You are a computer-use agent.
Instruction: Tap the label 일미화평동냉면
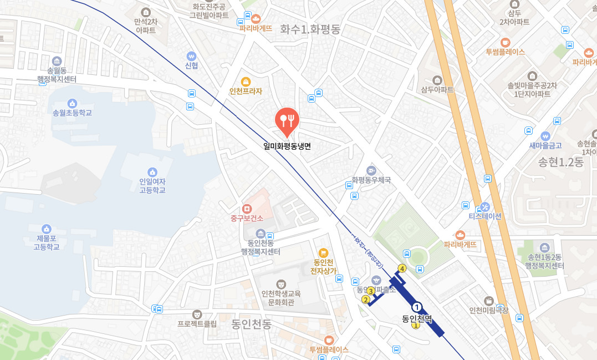point(287,146)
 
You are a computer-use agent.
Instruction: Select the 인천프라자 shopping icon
point(246,82)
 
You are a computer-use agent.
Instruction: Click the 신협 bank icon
point(192,56)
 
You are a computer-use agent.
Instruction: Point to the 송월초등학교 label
point(72,113)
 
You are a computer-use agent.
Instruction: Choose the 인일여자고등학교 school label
point(152,185)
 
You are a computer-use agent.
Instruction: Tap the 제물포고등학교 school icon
point(47,229)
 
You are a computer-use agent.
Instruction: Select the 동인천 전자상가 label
point(323,266)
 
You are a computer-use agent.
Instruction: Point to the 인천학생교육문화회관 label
point(281,298)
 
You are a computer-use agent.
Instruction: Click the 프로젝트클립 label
point(197,323)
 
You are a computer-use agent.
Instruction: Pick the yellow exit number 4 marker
point(402,268)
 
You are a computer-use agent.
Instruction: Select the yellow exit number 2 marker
point(365,300)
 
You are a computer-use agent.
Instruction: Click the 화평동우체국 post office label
point(371,180)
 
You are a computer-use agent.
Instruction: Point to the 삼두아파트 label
point(437,89)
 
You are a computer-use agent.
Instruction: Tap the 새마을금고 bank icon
point(545,135)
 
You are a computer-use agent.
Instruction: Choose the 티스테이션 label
point(485,216)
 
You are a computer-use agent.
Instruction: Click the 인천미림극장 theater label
point(488,310)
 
